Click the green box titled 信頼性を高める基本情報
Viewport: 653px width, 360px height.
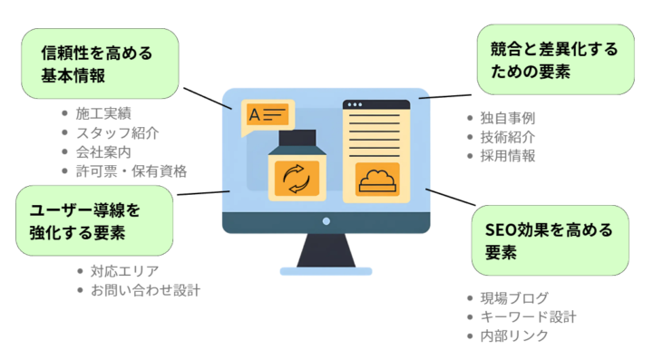[100, 64]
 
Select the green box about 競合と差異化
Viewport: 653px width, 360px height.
[555, 61]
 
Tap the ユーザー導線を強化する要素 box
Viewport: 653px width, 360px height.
[94, 220]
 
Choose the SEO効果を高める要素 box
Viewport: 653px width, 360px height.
[550, 239]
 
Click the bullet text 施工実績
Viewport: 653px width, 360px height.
[103, 113]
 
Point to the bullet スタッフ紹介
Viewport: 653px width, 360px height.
[117, 132]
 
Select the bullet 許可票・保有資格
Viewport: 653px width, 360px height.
[131, 170]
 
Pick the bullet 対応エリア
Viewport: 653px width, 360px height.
[124, 271]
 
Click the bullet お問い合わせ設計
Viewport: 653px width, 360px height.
[144, 290]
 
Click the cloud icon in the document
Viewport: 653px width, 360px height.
[377, 180]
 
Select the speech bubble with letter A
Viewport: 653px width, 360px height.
[268, 116]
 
